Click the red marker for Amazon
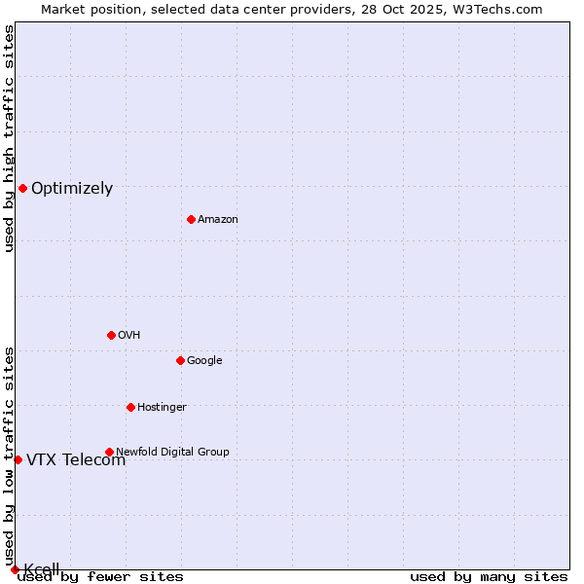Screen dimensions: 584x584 click(x=191, y=219)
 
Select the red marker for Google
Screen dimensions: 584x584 click(x=180, y=360)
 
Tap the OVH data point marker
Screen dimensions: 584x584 click(x=111, y=335)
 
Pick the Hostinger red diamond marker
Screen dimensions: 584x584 click(x=130, y=407)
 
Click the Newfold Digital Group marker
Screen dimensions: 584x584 click(x=109, y=452)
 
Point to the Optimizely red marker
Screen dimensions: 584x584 click(x=22, y=188)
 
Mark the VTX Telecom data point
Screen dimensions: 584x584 click(x=18, y=459)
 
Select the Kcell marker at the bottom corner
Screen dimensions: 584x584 click(x=15, y=569)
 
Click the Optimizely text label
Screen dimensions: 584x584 click(x=72, y=189)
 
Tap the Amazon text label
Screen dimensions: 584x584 click(x=218, y=220)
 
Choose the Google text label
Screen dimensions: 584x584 click(x=204, y=361)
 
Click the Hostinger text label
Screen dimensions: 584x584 click(x=162, y=408)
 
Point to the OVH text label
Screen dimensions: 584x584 click(x=129, y=336)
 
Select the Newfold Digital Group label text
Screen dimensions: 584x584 click(x=172, y=452)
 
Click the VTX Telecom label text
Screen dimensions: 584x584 click(x=76, y=460)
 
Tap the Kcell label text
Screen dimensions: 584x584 click(x=42, y=569)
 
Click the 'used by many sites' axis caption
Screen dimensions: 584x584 click(x=489, y=576)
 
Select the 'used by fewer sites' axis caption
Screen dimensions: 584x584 click(x=100, y=576)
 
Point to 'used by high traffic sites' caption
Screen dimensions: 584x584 click(x=9, y=138)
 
